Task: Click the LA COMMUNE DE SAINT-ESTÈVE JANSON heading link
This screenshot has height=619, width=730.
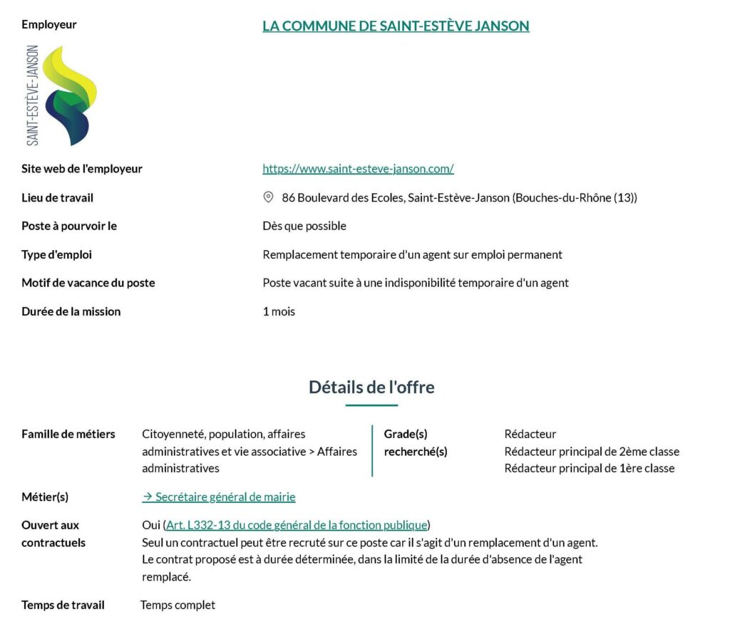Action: click(x=396, y=26)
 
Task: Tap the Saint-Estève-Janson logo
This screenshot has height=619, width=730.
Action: click(x=61, y=95)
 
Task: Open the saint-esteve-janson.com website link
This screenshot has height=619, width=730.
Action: click(x=358, y=169)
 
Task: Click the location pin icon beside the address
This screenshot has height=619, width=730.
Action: click(x=269, y=197)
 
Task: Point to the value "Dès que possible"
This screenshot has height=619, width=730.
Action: click(x=304, y=226)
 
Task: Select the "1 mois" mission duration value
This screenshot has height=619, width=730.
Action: click(x=279, y=311)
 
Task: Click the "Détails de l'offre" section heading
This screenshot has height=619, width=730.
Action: click(x=371, y=387)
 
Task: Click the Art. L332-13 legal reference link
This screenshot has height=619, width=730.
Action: click(x=297, y=526)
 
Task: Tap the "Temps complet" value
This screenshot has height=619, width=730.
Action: click(x=178, y=605)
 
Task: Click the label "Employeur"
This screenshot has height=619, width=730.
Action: click(x=49, y=24)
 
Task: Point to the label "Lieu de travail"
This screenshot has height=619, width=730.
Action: click(x=58, y=197)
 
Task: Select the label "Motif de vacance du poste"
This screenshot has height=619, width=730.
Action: click(x=88, y=283)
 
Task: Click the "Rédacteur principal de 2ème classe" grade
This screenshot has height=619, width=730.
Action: click(x=592, y=452)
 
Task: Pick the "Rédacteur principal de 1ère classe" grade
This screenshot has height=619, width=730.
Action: click(x=590, y=469)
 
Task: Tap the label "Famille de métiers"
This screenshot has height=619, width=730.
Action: click(x=68, y=434)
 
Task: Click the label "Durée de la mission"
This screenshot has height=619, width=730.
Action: click(x=71, y=311)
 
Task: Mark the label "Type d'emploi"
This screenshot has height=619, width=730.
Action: click(x=57, y=254)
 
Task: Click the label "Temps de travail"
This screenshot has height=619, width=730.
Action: click(x=63, y=605)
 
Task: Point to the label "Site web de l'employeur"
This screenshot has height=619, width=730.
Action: click(x=82, y=169)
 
